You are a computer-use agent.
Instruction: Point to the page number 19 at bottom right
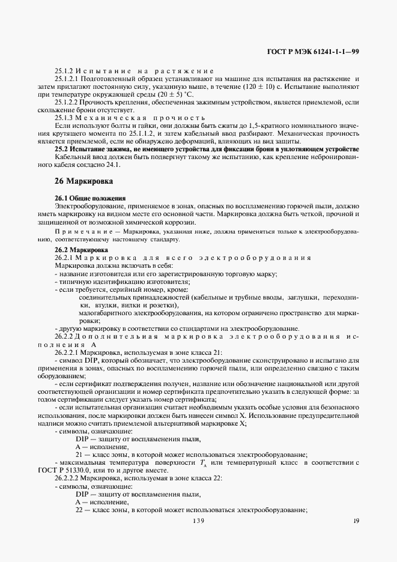click(356, 521)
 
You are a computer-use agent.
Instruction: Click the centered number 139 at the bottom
click(199, 521)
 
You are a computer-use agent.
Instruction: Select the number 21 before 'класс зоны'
click(79, 454)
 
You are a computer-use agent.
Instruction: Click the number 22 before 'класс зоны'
click(79, 510)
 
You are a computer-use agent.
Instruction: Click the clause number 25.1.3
click(65, 117)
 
